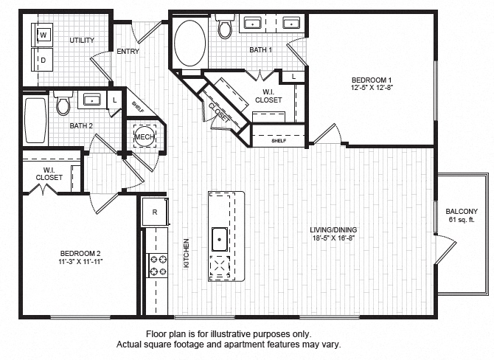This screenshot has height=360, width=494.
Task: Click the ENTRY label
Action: [128, 52]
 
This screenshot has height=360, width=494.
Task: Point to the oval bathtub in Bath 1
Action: [191, 44]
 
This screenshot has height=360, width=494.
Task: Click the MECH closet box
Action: [143, 137]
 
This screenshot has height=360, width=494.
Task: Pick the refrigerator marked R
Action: [155, 212]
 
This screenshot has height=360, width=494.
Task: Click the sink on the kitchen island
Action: [219, 238]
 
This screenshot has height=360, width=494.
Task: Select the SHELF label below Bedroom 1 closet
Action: [278, 140]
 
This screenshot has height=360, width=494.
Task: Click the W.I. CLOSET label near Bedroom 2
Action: [49, 173]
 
